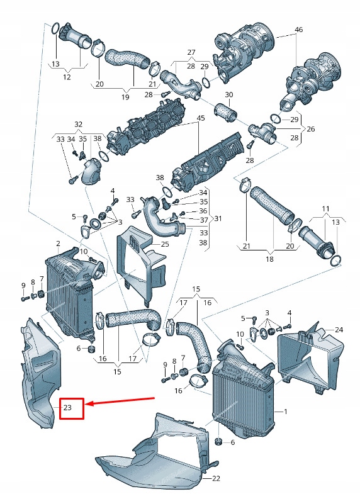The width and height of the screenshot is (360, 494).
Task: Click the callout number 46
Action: pyautogui.click(x=298, y=30)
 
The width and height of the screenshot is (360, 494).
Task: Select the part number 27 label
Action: pyautogui.click(x=191, y=52)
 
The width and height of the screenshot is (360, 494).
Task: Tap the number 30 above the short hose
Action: pyautogui.click(x=228, y=95)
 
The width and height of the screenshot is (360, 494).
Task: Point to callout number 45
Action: pyautogui.click(x=201, y=118)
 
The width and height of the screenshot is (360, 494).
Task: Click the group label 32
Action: pyautogui.click(x=78, y=124)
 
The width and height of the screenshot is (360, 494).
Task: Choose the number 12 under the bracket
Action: pyautogui.click(x=67, y=77)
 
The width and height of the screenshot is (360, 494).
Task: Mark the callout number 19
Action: pyautogui.click(x=125, y=97)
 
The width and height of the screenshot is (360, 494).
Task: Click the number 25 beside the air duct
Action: pyautogui.click(x=165, y=244)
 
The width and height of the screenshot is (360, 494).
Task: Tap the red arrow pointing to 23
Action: pyautogui.click(x=120, y=401)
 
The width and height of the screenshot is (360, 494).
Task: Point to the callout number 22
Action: pyautogui.click(x=217, y=479)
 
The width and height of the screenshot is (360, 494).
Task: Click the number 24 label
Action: pyautogui.click(x=339, y=330)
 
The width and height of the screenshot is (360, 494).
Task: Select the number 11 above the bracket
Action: pyautogui.click(x=325, y=208)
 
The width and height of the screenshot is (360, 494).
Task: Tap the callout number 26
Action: pyautogui.click(x=310, y=129)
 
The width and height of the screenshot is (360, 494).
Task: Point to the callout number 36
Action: pyautogui.click(x=203, y=211)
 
